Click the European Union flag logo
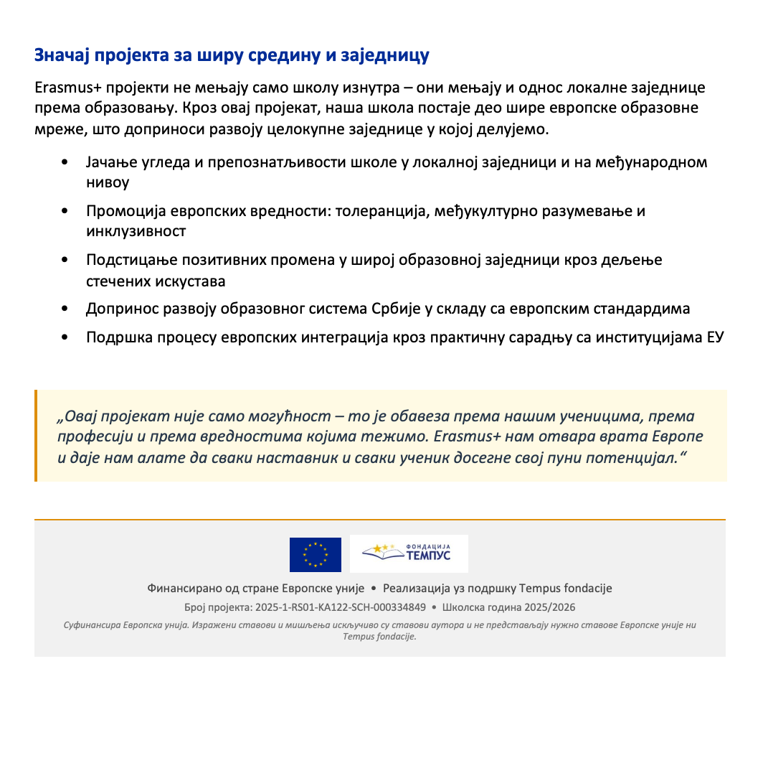pyautogui.click(x=315, y=555)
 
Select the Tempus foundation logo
pyautogui.click(x=409, y=553)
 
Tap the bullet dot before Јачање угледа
pyautogui.click(x=65, y=162)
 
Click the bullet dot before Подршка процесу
pyautogui.click(x=65, y=337)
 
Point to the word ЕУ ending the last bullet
pyautogui.click(x=715, y=337)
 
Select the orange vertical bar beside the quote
pyautogui.click(x=36, y=436)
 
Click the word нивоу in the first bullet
pyautogui.click(x=108, y=182)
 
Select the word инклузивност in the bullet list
pyautogui.click(x=136, y=231)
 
